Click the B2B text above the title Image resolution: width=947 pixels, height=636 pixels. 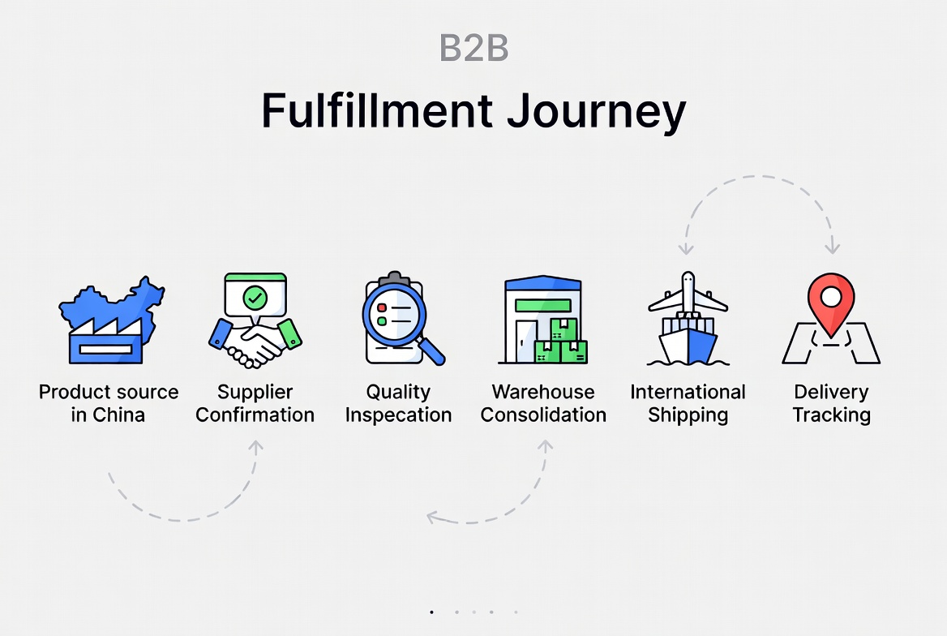tap(473, 48)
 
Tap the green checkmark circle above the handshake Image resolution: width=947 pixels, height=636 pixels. tap(255, 298)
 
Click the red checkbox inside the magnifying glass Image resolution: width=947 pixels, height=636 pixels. tap(382, 307)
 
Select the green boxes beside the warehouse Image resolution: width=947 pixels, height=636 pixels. tap(561, 342)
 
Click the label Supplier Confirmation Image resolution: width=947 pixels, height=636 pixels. tap(255, 403)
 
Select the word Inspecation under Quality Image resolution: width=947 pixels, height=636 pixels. tap(399, 415)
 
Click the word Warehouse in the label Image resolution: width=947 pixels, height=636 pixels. tap(543, 392)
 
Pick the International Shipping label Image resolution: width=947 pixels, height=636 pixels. tap(688, 403)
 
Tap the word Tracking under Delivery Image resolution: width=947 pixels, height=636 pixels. tap(832, 415)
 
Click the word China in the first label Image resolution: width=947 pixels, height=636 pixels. tap(119, 415)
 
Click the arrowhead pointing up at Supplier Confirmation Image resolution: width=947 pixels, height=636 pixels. tap(256, 447)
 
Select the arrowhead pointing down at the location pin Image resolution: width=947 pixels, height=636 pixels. tap(832, 246)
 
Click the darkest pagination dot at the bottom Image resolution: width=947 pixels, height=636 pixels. tap(431, 612)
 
